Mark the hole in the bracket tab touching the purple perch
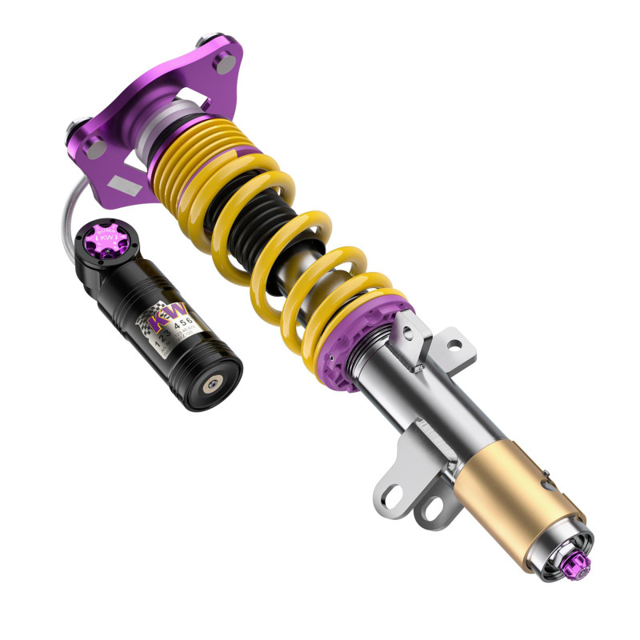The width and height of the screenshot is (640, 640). tap(454, 346)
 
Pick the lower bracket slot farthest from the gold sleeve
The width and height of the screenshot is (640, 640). tap(394, 490)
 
